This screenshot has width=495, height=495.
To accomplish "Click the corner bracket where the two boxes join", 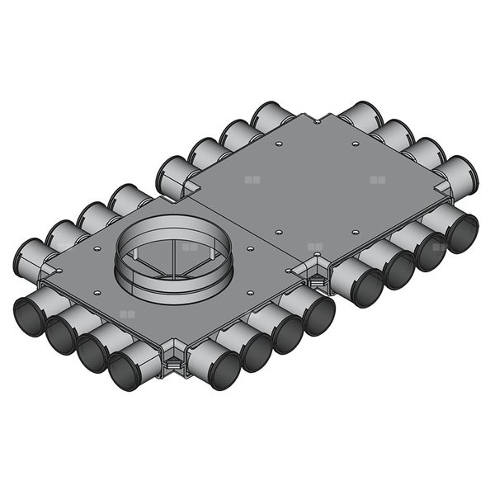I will (x=314, y=273).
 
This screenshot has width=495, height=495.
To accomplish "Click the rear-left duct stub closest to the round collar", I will (x=124, y=200).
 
